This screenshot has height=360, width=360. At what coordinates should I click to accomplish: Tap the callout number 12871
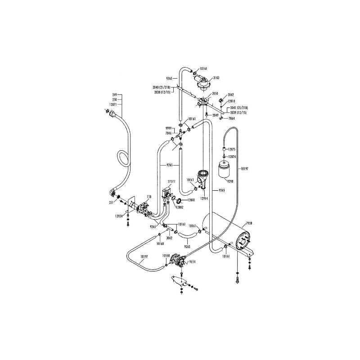click(113, 104)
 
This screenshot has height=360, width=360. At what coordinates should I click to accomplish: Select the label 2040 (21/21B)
click(161, 86)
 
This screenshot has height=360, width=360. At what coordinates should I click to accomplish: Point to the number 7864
click(232, 118)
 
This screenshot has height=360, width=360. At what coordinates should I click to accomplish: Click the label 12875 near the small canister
click(232, 149)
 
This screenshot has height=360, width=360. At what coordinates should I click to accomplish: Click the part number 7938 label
click(250, 223)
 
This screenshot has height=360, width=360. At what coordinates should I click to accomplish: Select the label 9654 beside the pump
click(193, 261)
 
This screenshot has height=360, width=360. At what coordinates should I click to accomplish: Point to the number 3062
click(170, 237)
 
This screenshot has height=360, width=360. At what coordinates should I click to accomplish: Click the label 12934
click(118, 216)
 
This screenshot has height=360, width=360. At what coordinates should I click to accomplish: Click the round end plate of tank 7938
click(243, 243)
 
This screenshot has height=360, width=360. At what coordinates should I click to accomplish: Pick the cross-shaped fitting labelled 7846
click(180, 134)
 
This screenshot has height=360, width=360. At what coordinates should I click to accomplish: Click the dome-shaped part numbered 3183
click(205, 81)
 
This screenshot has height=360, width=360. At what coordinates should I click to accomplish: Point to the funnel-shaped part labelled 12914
click(202, 177)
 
